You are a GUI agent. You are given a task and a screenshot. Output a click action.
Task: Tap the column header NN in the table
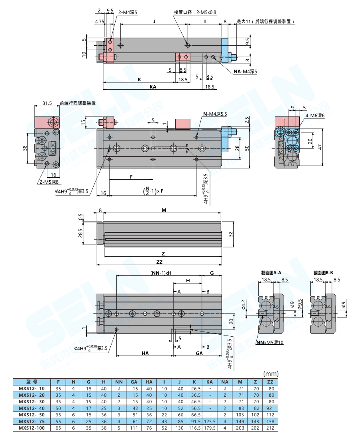tap(119, 382)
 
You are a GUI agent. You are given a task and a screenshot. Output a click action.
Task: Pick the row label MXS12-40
tap(32, 408)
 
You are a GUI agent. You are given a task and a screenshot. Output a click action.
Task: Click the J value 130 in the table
tap(180, 428)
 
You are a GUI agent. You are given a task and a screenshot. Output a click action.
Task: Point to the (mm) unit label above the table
tap(270, 374)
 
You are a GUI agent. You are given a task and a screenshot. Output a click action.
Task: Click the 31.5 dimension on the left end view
tap(47, 103)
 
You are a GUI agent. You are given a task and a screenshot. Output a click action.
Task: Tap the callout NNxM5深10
tap(270, 343)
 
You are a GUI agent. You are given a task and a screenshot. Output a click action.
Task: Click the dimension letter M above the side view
tap(164, 210)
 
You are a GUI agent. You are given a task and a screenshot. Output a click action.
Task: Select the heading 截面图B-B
tap(323, 273)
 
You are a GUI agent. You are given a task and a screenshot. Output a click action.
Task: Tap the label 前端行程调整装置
tap(78, 103)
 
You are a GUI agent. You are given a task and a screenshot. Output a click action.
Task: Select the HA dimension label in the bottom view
tap(145, 353)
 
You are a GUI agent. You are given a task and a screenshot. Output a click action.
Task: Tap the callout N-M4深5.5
tap(215, 114)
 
